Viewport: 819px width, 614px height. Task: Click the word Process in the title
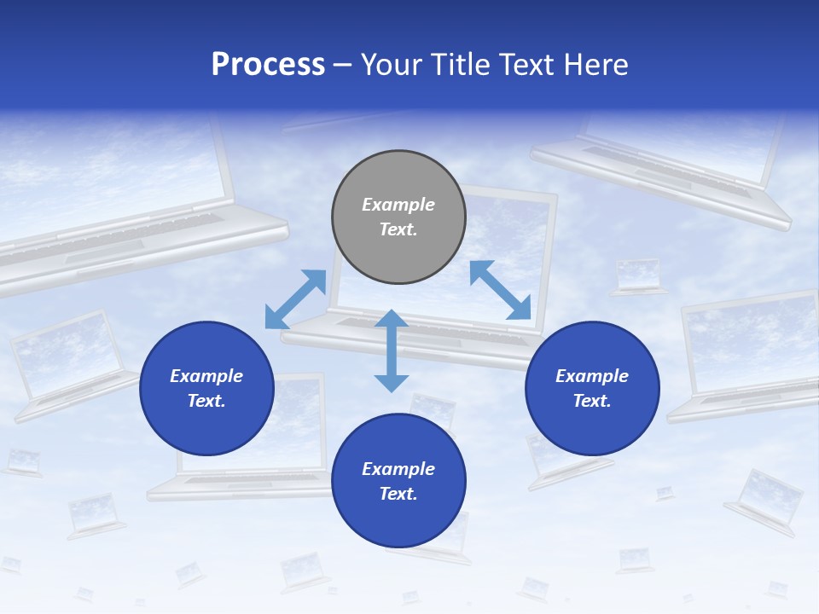tap(268, 65)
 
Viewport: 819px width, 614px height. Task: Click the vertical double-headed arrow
tap(392, 350)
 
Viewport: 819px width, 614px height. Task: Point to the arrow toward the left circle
tap(295, 298)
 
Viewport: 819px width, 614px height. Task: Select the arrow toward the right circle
tap(501, 290)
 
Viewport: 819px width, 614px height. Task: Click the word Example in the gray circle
tap(398, 205)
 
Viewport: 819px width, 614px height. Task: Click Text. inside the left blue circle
tap(206, 401)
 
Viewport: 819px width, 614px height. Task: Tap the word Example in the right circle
tap(592, 376)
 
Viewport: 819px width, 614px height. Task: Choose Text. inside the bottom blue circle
tap(398, 494)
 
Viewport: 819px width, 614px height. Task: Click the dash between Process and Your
tap(342, 65)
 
